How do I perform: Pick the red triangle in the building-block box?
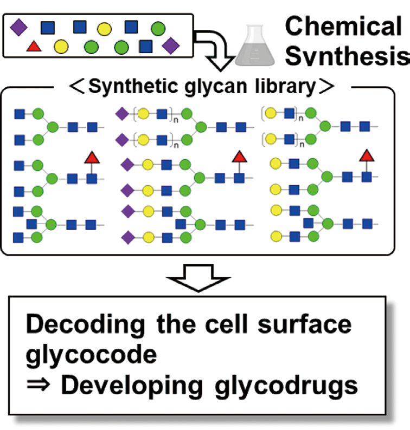click(34, 47)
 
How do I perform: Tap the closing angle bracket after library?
click(324, 87)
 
